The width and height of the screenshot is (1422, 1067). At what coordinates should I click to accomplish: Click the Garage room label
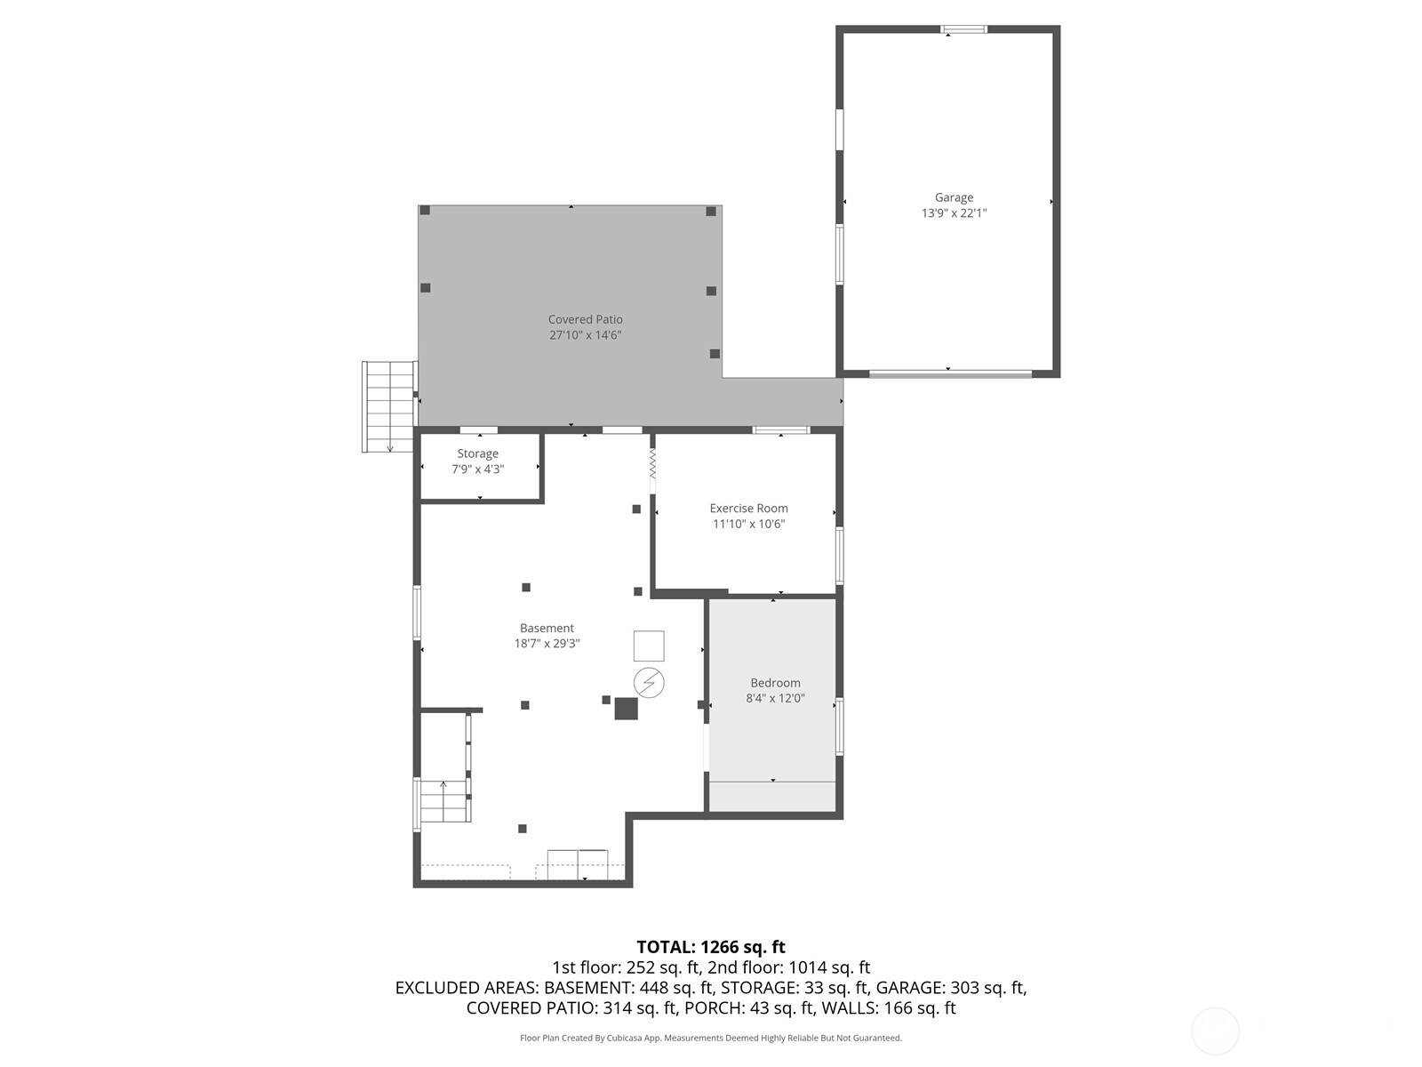[954, 197]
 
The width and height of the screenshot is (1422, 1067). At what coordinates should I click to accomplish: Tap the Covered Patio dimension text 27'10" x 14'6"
[585, 335]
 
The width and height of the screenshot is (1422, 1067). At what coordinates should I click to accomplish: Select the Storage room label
[477, 453]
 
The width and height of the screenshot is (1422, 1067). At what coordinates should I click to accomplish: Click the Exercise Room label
[748, 509]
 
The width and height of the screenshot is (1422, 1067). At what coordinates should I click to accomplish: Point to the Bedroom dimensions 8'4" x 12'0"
[775, 698]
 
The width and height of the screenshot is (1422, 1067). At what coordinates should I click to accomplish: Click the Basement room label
[547, 628]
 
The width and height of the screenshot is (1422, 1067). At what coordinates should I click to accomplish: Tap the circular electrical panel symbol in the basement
[649, 682]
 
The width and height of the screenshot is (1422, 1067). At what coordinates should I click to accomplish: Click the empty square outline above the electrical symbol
[649, 646]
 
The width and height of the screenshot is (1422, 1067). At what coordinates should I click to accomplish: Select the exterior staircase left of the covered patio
[389, 405]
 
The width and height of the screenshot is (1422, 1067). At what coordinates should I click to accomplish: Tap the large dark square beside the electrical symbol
[626, 708]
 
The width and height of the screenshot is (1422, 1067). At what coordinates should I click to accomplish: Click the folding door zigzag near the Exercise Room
[652, 463]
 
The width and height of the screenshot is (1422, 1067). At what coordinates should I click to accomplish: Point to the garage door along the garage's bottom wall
[950, 374]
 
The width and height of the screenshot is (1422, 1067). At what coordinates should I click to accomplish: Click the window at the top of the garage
[963, 29]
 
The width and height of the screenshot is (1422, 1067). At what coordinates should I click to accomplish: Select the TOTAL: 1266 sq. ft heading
[710, 947]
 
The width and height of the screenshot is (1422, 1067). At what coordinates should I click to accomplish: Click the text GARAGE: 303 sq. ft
[951, 988]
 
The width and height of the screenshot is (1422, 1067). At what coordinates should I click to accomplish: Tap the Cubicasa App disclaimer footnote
[710, 1038]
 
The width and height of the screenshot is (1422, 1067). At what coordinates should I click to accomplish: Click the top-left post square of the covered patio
[425, 211]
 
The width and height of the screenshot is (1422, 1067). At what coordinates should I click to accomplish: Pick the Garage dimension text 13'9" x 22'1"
[954, 213]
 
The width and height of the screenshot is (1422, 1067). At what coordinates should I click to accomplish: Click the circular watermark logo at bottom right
[1214, 1031]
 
